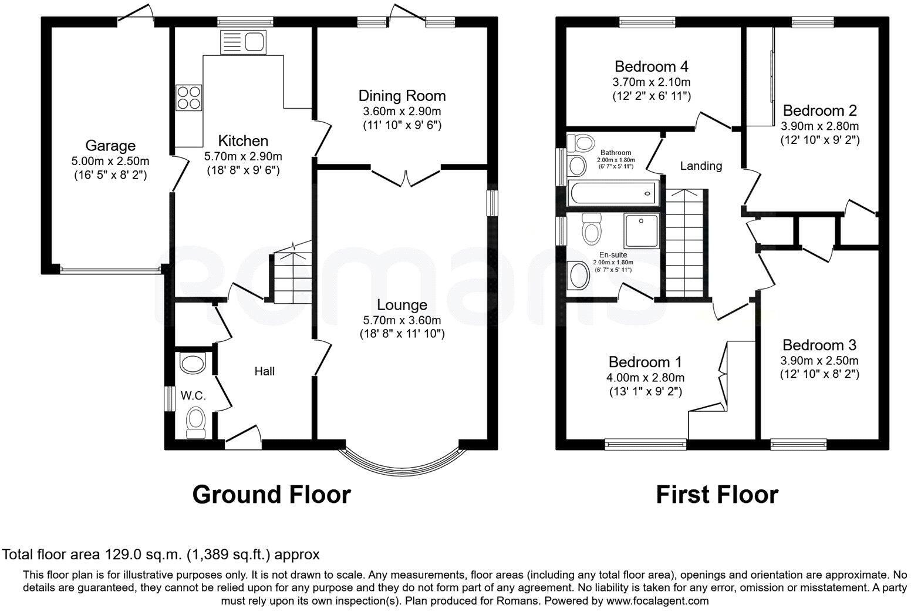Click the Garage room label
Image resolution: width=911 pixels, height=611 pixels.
pyautogui.click(x=110, y=145)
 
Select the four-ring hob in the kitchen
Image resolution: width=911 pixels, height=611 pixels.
pyautogui.click(x=188, y=97)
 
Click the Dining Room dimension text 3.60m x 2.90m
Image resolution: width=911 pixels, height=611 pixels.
pyautogui.click(x=402, y=111)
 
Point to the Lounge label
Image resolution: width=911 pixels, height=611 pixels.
pyautogui.click(x=402, y=305)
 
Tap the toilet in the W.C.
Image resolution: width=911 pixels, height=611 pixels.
pyautogui.click(x=194, y=423)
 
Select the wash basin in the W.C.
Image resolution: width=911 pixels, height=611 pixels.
pyautogui.click(x=193, y=364)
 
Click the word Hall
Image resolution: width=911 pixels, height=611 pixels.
pyautogui.click(x=264, y=371)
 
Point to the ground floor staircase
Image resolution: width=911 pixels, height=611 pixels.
pyautogui.click(x=291, y=274)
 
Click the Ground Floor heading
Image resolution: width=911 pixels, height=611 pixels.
pyautogui.click(x=271, y=495)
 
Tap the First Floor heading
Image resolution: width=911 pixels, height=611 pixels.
pyautogui.click(x=717, y=495)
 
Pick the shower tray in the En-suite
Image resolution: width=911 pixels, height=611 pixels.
pyautogui.click(x=642, y=230)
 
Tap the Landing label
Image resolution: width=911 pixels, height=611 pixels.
pyautogui.click(x=701, y=166)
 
